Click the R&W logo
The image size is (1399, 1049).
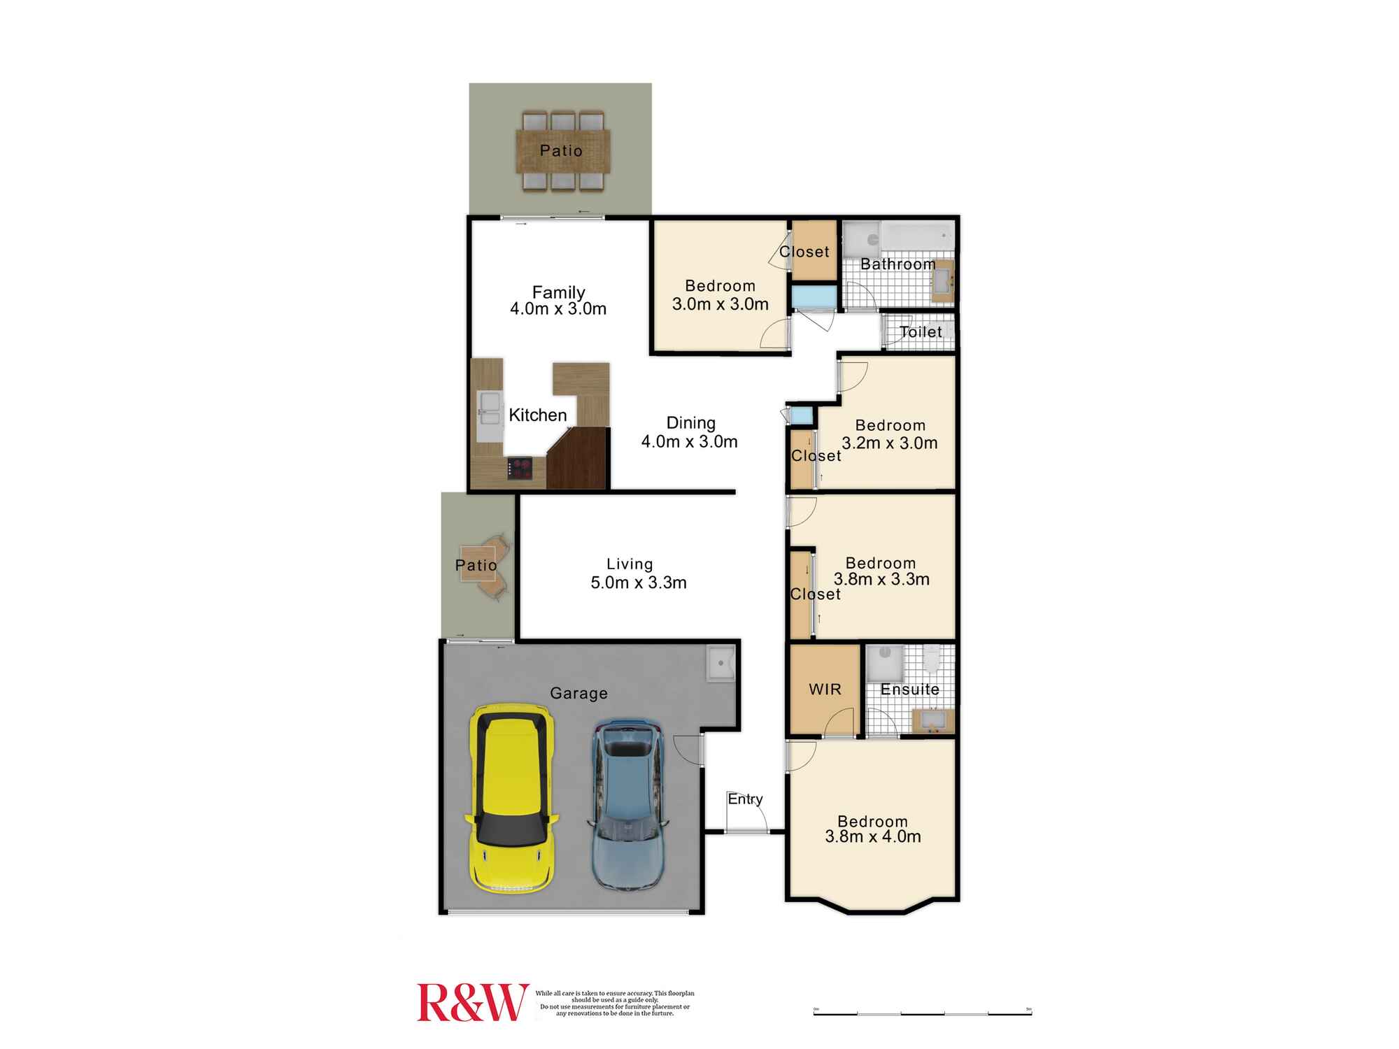(x=472, y=1002)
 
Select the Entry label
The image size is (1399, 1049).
(x=745, y=799)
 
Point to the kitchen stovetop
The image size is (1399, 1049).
(x=520, y=467)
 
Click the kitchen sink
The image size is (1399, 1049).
(x=490, y=408)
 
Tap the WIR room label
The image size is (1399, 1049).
(x=825, y=690)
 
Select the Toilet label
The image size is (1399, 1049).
(x=921, y=332)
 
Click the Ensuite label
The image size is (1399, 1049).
(x=909, y=690)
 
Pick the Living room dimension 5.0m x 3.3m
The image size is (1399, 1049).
(x=639, y=583)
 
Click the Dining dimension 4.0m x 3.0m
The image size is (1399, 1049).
(x=690, y=441)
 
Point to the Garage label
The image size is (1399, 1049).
(x=578, y=693)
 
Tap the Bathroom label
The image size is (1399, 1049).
(x=897, y=264)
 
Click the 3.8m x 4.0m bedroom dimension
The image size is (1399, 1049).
(x=873, y=836)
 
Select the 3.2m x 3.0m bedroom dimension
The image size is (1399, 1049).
(x=890, y=443)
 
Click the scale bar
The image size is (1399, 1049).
(x=922, y=1012)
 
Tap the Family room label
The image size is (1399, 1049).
(x=558, y=292)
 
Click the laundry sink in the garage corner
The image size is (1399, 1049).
(x=720, y=662)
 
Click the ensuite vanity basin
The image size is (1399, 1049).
(x=932, y=720)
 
